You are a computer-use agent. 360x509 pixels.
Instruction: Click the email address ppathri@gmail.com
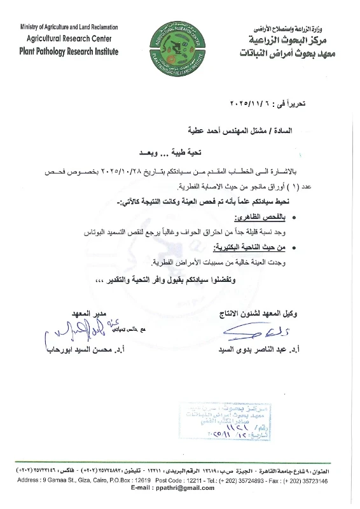coord(179,487)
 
